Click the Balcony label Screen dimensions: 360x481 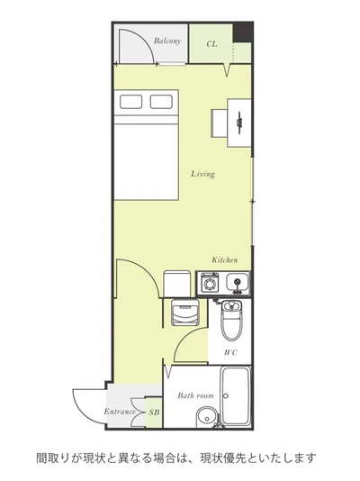[x=167, y=41]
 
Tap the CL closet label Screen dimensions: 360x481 [x=211, y=44]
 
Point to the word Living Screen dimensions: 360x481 [x=202, y=174]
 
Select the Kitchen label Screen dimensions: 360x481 [x=225, y=260]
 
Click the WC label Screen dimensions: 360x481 [x=230, y=353]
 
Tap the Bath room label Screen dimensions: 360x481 [x=195, y=395]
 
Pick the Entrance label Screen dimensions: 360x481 [x=120, y=412]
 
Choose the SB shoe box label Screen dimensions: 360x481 [x=154, y=413]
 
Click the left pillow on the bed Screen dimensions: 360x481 [x=130, y=102]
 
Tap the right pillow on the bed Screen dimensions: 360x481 [x=161, y=102]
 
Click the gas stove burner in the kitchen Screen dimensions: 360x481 [x=210, y=283]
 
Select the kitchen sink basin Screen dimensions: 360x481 [x=237, y=282]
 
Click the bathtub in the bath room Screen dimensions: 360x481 [x=235, y=395]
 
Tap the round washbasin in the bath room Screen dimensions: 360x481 [x=206, y=418]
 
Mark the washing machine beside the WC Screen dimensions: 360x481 [x=185, y=312]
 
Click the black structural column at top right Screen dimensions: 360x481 [x=242, y=32]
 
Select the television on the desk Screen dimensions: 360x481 [x=239, y=123]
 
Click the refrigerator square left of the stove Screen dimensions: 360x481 [x=177, y=284]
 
